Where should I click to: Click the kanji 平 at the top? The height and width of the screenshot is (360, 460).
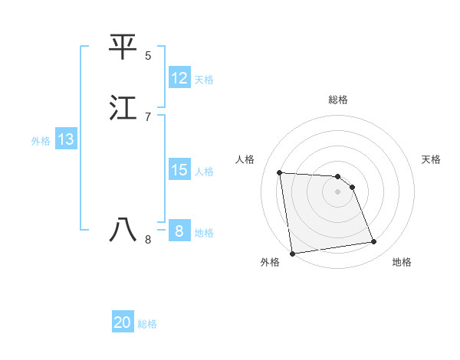[123, 47]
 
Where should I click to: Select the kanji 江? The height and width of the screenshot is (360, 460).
[123, 107]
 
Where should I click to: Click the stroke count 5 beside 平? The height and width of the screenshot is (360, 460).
[148, 56]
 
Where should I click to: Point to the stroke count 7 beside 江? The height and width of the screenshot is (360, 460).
[148, 116]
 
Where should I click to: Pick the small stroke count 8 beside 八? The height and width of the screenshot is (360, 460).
[148, 240]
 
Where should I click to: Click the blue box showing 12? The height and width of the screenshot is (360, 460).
[179, 78]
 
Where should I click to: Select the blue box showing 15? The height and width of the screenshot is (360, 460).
[179, 170]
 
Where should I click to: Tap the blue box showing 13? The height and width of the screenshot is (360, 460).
[66, 139]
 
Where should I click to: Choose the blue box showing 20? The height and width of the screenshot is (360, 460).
[123, 322]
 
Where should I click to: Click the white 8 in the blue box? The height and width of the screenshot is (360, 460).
[179, 231]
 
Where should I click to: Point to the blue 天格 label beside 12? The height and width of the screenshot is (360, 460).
[204, 79]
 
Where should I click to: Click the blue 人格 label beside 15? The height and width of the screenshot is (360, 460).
[204, 171]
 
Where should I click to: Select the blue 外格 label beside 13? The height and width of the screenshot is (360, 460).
[41, 140]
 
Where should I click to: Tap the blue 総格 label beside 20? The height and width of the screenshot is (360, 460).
[147, 324]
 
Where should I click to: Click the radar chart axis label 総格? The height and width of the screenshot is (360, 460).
[337, 100]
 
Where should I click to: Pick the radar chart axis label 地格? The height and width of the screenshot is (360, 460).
[402, 262]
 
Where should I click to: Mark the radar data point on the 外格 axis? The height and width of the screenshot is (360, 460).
[292, 253]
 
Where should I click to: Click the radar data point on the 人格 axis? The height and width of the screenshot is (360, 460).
[279, 172]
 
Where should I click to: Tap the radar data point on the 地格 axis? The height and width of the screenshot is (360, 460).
[374, 242]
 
